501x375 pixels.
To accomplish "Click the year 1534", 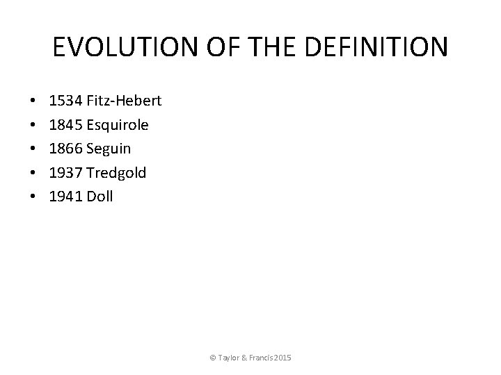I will click(x=65, y=101).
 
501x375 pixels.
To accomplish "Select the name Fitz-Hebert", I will click(x=124, y=101).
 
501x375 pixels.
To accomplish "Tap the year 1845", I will click(x=65, y=125).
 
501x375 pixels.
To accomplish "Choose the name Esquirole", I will click(x=117, y=125).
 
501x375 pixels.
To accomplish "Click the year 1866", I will click(x=65, y=149).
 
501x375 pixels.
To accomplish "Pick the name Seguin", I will click(x=109, y=149).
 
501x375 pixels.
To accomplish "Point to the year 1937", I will click(x=65, y=173).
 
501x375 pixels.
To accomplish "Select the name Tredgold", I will click(x=116, y=173).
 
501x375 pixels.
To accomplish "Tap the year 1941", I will click(x=65, y=197).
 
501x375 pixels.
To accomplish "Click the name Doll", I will click(x=100, y=197).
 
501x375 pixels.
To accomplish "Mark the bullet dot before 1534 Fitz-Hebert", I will click(x=34, y=102).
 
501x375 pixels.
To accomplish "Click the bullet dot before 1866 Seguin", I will click(x=34, y=149).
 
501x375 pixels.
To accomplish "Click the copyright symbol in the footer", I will click(x=213, y=358).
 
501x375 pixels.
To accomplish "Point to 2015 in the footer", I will click(x=283, y=358).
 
